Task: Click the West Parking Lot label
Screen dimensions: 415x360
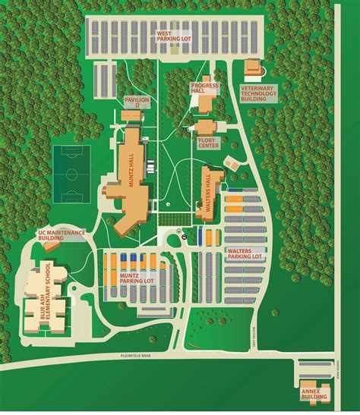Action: [x=174, y=37]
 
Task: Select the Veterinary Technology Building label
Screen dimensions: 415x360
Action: [x=260, y=94]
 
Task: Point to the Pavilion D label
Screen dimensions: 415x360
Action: [x=137, y=102]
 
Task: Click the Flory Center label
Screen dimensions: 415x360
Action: [x=207, y=141]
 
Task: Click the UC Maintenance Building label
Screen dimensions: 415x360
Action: [x=62, y=234]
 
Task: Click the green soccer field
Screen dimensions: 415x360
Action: [x=71, y=172]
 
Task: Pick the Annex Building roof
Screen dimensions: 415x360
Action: [x=314, y=383]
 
